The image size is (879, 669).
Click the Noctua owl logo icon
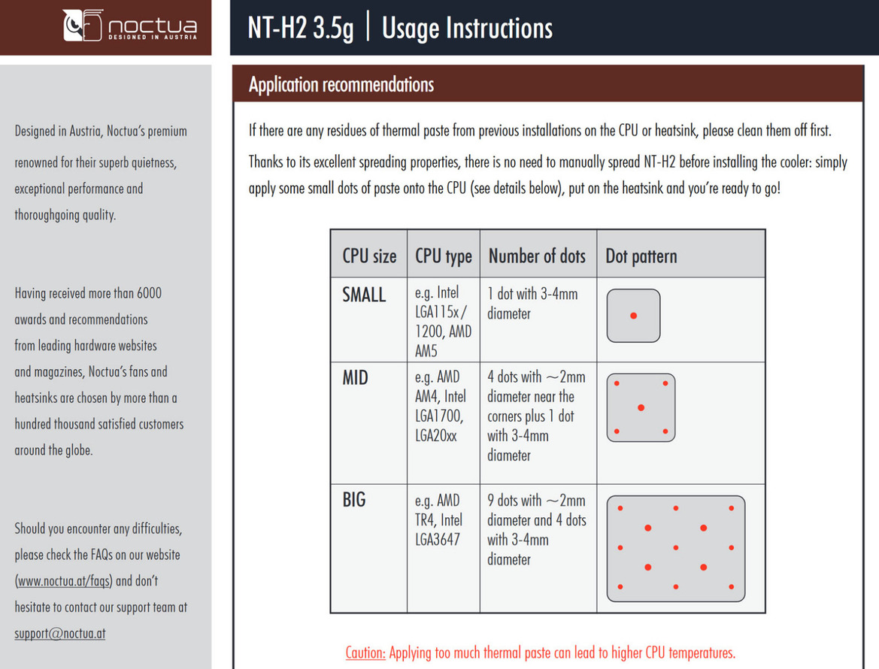pos(82,26)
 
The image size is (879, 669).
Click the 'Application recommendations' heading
pos(341,84)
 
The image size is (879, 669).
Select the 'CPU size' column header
pos(368,256)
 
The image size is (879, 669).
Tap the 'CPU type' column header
pos(443,256)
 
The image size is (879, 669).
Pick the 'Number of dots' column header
pos(536,256)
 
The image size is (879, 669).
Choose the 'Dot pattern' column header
pos(641,256)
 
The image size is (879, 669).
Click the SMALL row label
pos(364,295)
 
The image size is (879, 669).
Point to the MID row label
pos(355,377)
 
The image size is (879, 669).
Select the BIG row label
pos(353,500)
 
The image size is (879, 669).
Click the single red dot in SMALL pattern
pos(633,316)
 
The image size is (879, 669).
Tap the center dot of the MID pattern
pos(641,407)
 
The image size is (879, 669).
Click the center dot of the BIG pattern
pos(675,547)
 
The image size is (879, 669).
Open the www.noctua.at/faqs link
pos(65,581)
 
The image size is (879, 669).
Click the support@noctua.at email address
pos(60,633)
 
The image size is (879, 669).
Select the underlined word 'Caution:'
pos(365,652)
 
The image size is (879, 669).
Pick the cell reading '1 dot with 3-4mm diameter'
pos(532,303)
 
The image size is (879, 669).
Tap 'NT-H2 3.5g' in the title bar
pos(300,29)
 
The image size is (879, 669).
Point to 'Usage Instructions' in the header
pos(467,29)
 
